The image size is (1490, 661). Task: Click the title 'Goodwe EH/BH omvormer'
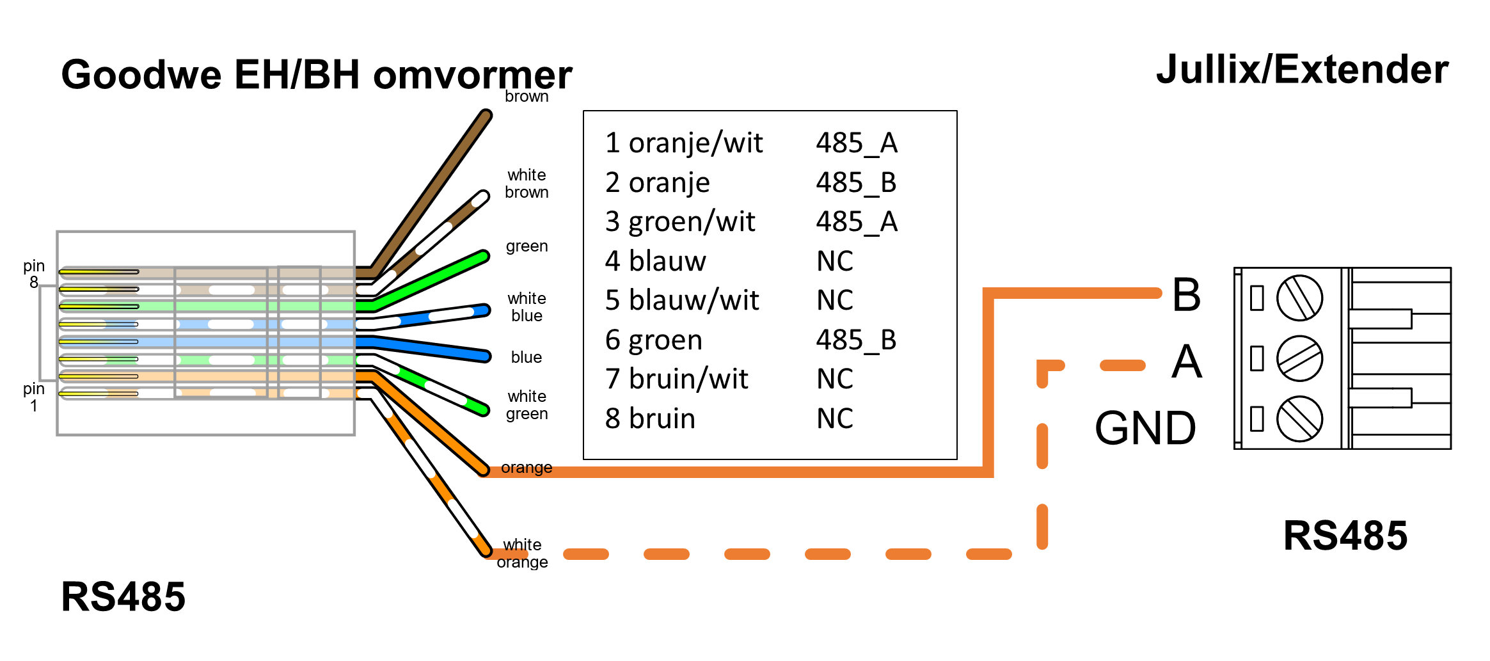(x=316, y=75)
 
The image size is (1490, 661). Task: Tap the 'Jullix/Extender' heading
(x=1302, y=70)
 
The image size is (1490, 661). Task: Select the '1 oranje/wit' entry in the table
(x=683, y=143)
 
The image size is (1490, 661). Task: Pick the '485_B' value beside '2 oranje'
(x=856, y=182)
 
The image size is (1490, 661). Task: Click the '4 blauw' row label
(x=655, y=261)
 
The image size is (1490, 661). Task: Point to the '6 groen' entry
(x=653, y=340)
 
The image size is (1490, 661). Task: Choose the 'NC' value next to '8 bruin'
(x=835, y=418)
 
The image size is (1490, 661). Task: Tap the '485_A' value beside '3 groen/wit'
(x=857, y=222)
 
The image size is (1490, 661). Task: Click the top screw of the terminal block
(x=1299, y=298)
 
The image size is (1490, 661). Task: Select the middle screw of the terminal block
(x=1299, y=358)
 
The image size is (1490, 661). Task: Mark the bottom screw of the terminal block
(x=1299, y=419)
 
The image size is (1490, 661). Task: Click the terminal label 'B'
(x=1186, y=295)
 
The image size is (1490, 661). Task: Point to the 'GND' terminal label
(x=1145, y=428)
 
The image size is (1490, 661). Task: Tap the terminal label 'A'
(x=1187, y=362)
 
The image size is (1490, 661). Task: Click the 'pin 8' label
(x=34, y=274)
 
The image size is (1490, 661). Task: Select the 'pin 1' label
(x=34, y=397)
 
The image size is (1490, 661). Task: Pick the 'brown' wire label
(x=527, y=97)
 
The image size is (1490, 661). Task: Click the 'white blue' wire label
(x=527, y=307)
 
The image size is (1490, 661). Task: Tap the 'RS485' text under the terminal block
(x=1345, y=536)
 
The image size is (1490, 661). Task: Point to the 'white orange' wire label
(x=522, y=553)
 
